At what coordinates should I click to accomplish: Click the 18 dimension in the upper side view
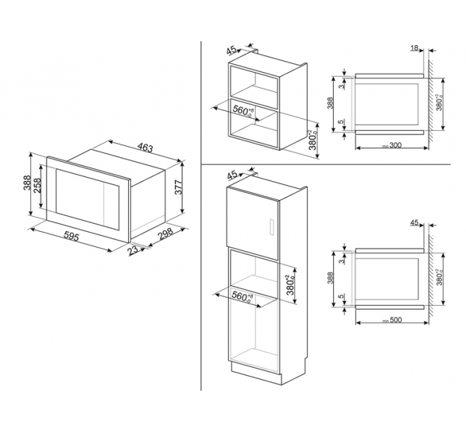(415, 48)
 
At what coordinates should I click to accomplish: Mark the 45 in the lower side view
(414, 222)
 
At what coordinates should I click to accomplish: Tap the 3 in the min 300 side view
(341, 84)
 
